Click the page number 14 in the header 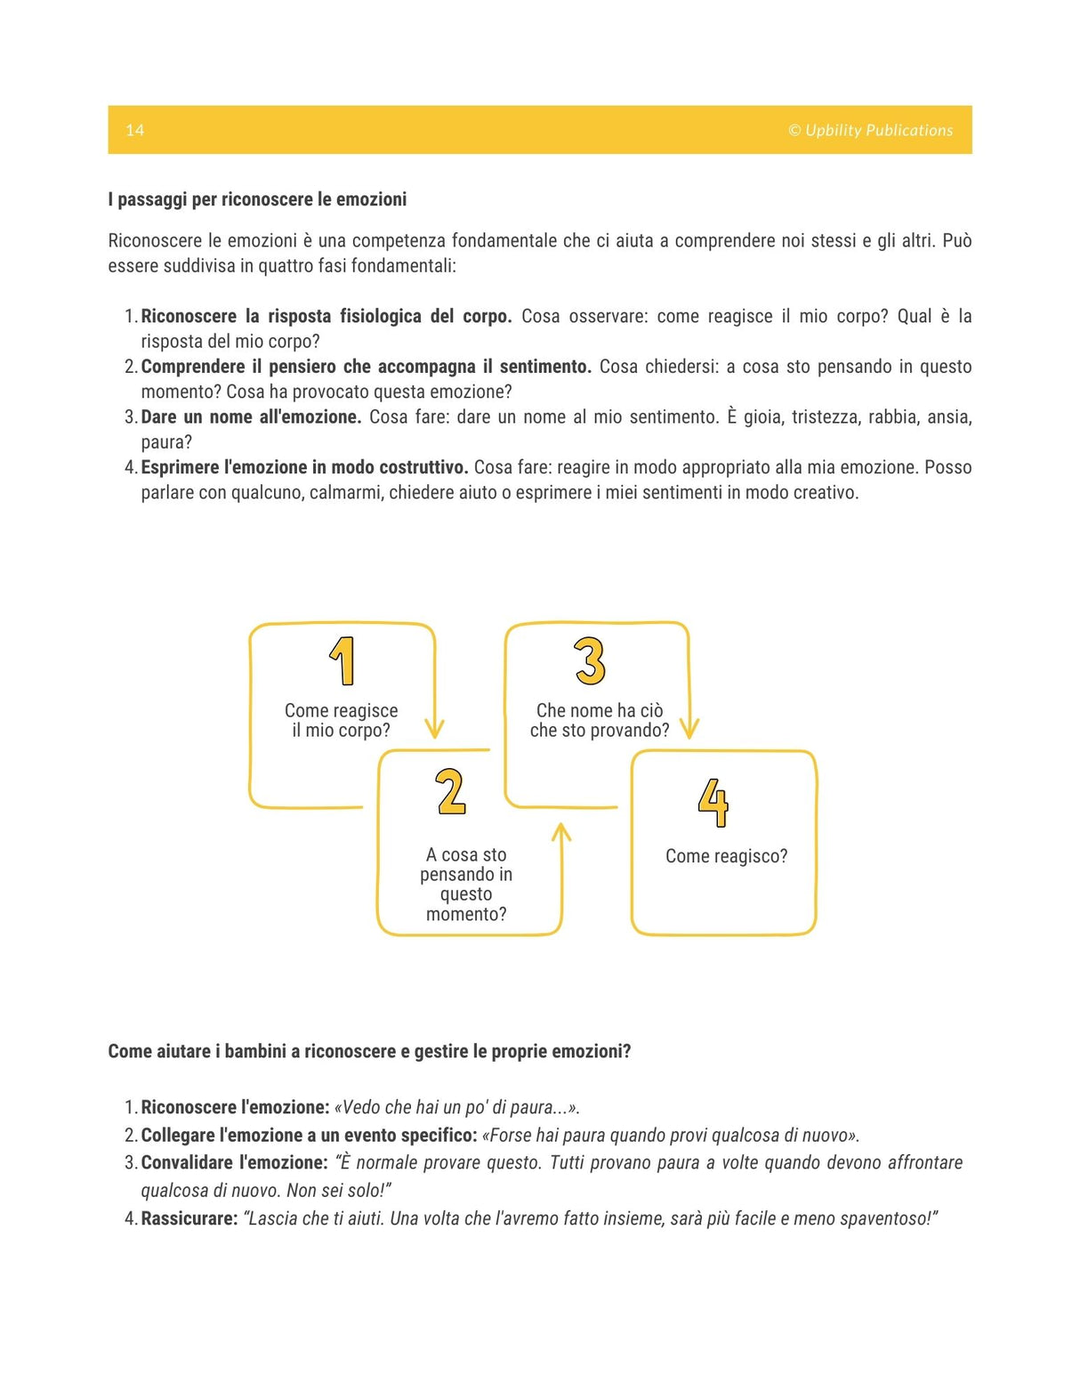pyautogui.click(x=134, y=130)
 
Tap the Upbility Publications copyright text pyautogui.click(x=870, y=130)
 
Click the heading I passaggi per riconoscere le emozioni pyautogui.click(x=257, y=199)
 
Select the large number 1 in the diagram pyautogui.click(x=343, y=661)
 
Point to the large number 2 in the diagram pyautogui.click(x=451, y=792)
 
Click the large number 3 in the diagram pyautogui.click(x=590, y=661)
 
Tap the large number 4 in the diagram pyautogui.click(x=713, y=802)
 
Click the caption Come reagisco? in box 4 pyautogui.click(x=726, y=856)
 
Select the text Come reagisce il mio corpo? pyautogui.click(x=341, y=720)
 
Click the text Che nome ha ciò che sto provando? pyautogui.click(x=599, y=720)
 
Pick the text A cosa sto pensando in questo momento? pyautogui.click(x=466, y=884)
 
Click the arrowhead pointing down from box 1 pyautogui.click(x=434, y=729)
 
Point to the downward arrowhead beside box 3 pyautogui.click(x=689, y=729)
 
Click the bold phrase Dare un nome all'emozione pyautogui.click(x=251, y=416)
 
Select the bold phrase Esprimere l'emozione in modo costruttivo pyautogui.click(x=304, y=467)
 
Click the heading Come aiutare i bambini pyautogui.click(x=369, y=1051)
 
